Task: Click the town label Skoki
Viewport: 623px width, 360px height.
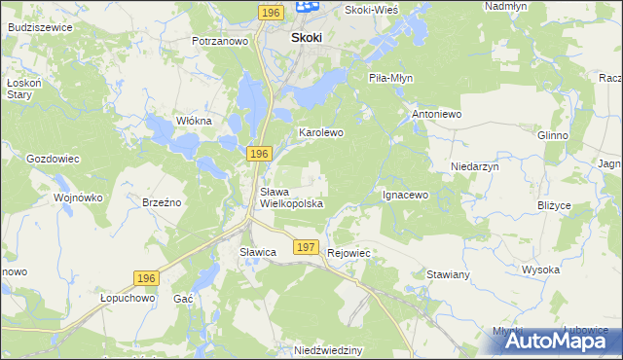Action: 307,38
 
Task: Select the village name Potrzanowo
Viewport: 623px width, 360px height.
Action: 221,42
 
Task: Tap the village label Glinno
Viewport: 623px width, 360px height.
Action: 552,135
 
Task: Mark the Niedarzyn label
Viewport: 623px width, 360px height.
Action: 475,166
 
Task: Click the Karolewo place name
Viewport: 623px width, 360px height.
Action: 321,131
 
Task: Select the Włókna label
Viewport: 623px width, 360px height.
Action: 193,120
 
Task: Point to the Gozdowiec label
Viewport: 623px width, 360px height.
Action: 53,158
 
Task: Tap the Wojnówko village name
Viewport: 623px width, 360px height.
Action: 78,197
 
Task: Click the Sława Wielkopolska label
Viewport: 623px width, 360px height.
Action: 291,198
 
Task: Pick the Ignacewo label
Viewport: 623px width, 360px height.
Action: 405,195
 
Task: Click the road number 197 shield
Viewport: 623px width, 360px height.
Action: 306,248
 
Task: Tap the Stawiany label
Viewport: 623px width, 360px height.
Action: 448,275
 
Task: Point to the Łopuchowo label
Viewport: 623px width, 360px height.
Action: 128,300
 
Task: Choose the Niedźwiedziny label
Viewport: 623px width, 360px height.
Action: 328,348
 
